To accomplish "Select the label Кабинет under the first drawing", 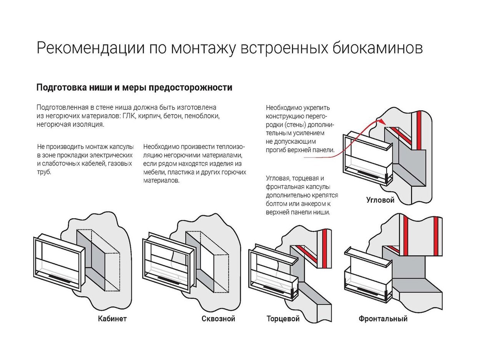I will [112, 319].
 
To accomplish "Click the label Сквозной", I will [218, 319].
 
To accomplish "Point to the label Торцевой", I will [283, 319].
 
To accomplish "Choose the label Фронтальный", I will [383, 319].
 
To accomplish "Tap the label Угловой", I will [380, 200].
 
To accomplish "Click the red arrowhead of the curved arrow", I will [380, 121].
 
